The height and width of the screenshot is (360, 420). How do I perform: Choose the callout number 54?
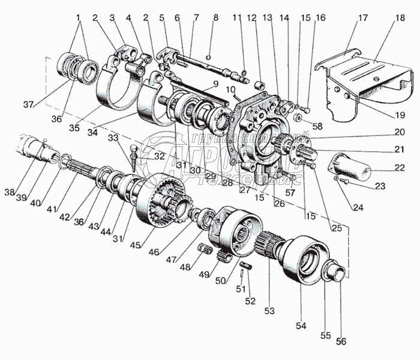coord(301,326)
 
